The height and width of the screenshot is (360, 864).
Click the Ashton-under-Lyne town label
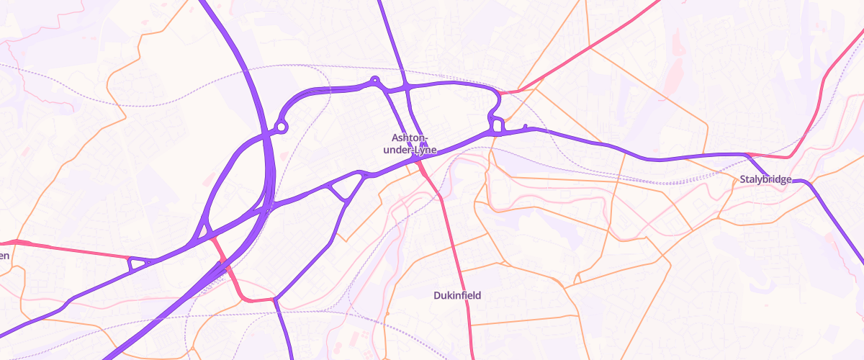tap(410, 143)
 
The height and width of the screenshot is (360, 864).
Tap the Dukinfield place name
tap(456, 295)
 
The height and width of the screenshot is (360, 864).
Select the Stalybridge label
tap(765, 179)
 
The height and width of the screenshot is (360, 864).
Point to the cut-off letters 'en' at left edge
tap(4, 256)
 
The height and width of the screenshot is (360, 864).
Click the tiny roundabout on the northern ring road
tap(374, 81)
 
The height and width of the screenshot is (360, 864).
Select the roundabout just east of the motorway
tap(282, 127)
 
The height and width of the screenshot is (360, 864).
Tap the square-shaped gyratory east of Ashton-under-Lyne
tap(496, 124)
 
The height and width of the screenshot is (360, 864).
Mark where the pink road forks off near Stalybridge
tap(749, 154)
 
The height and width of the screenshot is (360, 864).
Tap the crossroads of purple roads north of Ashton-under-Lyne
tap(408, 87)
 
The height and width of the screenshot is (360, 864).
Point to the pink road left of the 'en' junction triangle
tap(72, 249)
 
